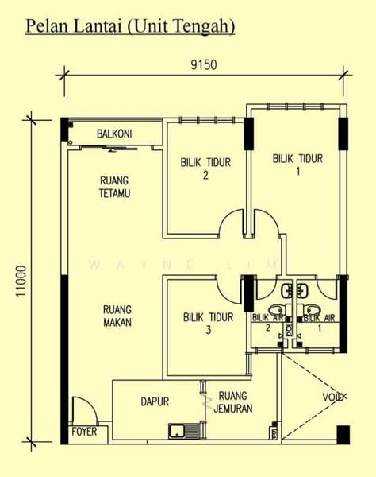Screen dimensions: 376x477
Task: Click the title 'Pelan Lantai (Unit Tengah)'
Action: [x=130, y=26]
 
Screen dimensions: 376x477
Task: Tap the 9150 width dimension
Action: [x=204, y=65]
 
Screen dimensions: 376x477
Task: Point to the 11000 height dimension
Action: [x=21, y=281]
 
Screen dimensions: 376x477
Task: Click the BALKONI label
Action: [x=114, y=134]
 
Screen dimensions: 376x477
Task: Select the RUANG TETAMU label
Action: [x=114, y=187]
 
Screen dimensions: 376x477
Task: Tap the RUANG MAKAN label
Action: [x=117, y=316]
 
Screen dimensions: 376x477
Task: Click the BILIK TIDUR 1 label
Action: [x=297, y=165]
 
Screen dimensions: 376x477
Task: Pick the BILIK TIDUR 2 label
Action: [x=205, y=169]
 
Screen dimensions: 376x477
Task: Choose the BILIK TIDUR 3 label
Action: [x=208, y=324]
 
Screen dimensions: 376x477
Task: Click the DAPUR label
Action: [x=155, y=401]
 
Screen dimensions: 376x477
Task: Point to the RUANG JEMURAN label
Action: [x=232, y=401]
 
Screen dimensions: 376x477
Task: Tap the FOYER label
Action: [x=84, y=432]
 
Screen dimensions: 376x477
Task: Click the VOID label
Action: [x=333, y=397]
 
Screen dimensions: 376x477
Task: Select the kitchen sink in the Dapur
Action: [x=184, y=431]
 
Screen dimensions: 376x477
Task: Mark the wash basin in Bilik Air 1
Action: [x=302, y=291]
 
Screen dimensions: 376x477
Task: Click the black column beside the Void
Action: [x=343, y=435]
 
